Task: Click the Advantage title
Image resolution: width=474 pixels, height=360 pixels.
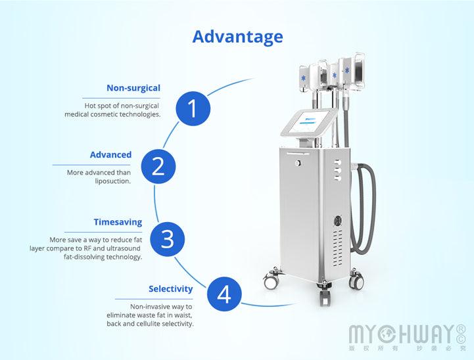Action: click(x=237, y=36)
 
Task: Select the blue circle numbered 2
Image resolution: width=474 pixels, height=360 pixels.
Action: click(x=158, y=166)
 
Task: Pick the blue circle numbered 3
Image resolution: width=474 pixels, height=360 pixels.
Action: click(x=168, y=238)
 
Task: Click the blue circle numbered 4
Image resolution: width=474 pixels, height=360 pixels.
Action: click(x=224, y=294)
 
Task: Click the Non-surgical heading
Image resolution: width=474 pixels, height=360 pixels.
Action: click(x=133, y=87)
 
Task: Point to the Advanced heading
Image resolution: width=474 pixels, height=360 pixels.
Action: click(x=110, y=155)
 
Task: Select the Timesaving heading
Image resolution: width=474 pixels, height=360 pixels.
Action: click(x=118, y=222)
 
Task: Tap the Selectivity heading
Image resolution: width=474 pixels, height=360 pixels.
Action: click(x=170, y=288)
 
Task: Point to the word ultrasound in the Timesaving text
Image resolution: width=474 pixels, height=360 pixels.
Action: click(x=122, y=248)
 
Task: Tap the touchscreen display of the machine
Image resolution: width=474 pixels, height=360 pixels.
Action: click(x=308, y=125)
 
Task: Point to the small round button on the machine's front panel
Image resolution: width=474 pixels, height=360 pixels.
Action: click(x=298, y=161)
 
